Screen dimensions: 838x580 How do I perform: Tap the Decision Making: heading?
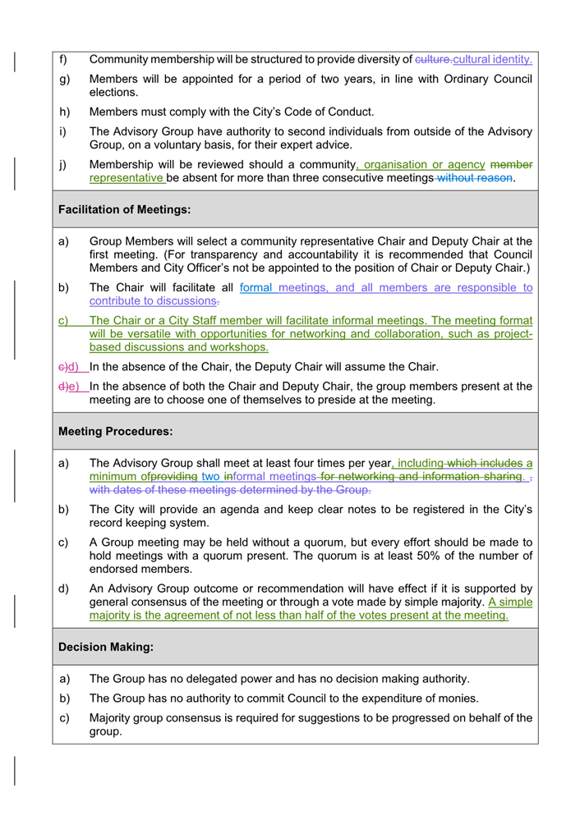pos(106,648)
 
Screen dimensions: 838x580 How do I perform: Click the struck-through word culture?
pos(432,59)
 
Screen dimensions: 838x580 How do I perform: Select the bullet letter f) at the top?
pos(63,59)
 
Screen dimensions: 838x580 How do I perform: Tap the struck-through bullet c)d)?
pos(67,367)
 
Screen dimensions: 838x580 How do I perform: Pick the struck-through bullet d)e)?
pos(67,387)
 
